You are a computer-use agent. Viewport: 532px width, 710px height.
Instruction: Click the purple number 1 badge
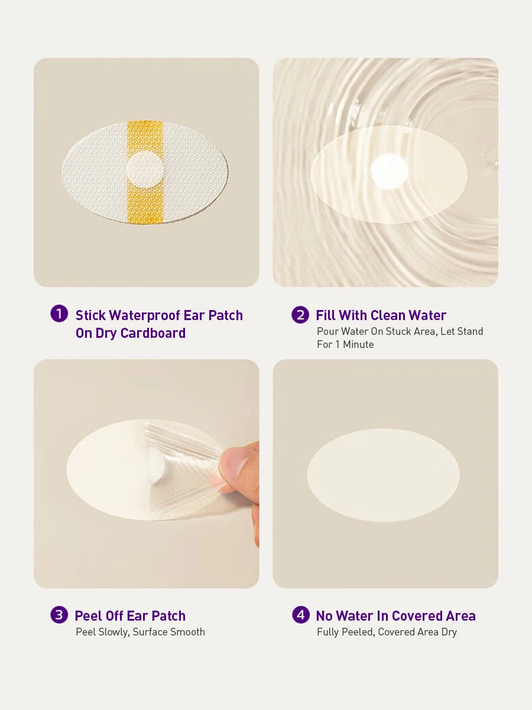[x=59, y=314]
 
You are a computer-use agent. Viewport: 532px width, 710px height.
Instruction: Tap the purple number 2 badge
[x=300, y=315]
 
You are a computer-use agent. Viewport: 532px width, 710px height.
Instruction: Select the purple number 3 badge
[x=59, y=615]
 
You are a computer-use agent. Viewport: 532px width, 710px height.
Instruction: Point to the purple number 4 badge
[x=301, y=615]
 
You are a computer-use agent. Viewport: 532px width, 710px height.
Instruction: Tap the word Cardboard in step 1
[x=153, y=333]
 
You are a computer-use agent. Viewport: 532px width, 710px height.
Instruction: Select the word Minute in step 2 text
[x=358, y=344]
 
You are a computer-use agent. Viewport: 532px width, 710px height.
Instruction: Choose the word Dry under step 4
[x=449, y=632]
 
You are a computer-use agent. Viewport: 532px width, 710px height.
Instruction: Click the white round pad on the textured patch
[x=145, y=169]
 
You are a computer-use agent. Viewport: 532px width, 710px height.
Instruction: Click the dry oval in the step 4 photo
[x=383, y=475]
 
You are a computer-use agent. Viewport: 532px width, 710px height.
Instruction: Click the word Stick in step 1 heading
[x=90, y=315]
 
